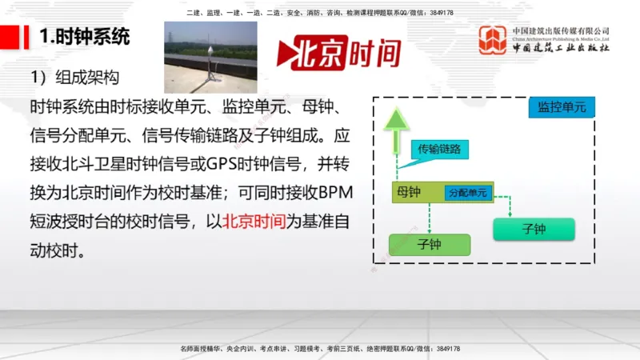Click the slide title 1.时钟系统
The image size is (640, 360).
[85, 37]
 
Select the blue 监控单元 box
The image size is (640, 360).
[562, 107]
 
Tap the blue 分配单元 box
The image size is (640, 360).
[469, 193]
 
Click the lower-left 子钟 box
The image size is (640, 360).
[429, 244]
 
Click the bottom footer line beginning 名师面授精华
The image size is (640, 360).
[320, 349]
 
